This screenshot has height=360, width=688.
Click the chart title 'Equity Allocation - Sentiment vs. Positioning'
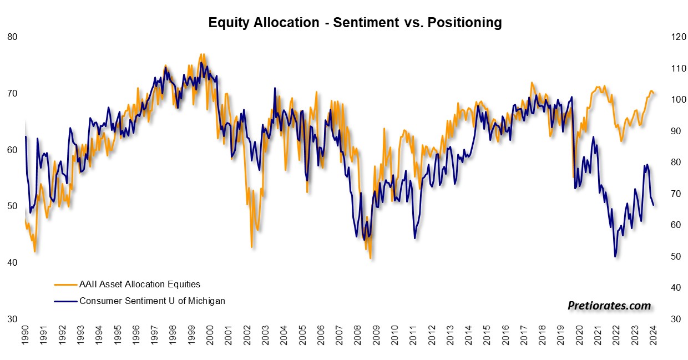(355, 23)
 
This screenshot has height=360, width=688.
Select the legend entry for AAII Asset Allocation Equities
(140, 284)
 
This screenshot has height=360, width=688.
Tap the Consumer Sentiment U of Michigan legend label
(152, 301)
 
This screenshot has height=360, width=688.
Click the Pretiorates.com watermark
(609, 305)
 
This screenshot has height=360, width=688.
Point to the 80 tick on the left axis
(12, 37)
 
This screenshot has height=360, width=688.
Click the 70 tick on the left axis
(12, 93)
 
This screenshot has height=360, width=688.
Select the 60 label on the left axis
(12, 150)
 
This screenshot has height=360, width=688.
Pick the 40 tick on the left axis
(12, 262)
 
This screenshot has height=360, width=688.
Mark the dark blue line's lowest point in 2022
(615, 256)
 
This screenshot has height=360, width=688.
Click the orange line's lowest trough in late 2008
(370, 258)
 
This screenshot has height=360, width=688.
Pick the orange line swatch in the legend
(65, 285)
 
